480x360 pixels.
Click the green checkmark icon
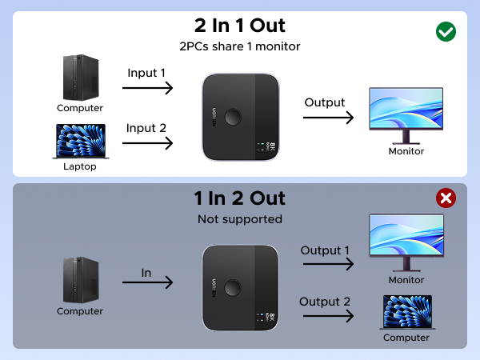(x=446, y=31)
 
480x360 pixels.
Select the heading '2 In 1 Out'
(x=239, y=26)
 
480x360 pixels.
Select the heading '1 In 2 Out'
(x=239, y=198)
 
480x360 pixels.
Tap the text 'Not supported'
(x=239, y=218)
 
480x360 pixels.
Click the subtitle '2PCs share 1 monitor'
(x=239, y=46)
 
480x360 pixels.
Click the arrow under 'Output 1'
(x=326, y=266)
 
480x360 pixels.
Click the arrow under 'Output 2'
(x=326, y=316)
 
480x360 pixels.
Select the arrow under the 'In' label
(x=147, y=282)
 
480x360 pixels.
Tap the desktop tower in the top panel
(x=79, y=77)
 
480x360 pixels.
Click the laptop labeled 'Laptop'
(x=79, y=141)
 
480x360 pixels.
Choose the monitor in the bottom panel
(x=406, y=243)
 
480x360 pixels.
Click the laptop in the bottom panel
(x=406, y=312)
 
